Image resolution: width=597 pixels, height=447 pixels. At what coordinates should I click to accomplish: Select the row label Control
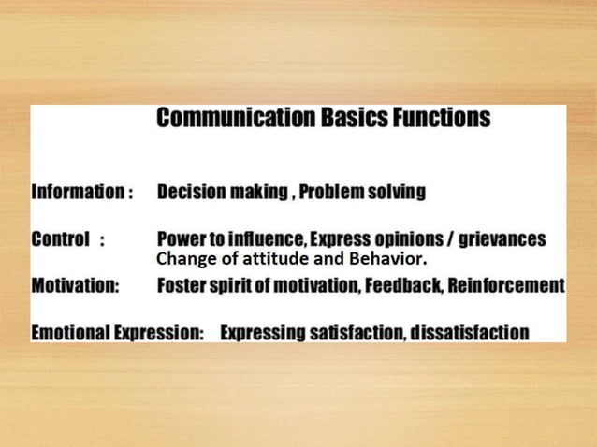tap(61, 239)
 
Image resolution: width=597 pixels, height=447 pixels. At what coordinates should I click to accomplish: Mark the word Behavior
tap(388, 259)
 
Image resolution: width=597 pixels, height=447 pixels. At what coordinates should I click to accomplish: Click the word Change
tap(181, 259)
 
